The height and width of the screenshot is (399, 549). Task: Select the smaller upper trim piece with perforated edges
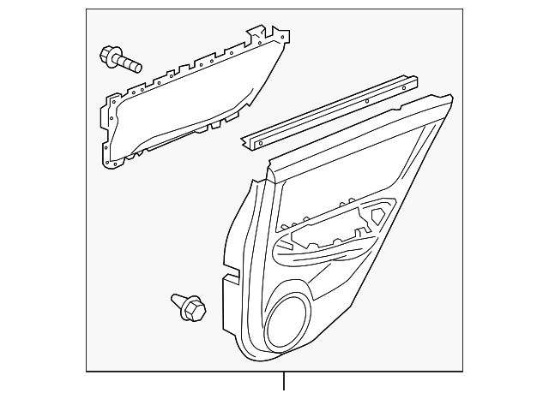tap(193, 98)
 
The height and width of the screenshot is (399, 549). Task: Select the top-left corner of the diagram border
tap(87, 9)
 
